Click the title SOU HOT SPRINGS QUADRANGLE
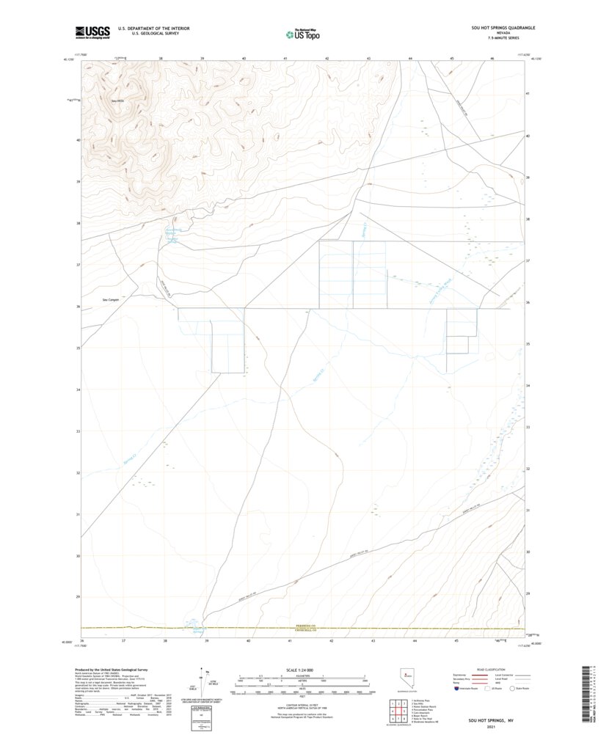coord(503,28)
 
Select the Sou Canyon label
coord(110,300)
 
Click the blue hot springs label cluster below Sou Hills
coord(170,233)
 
